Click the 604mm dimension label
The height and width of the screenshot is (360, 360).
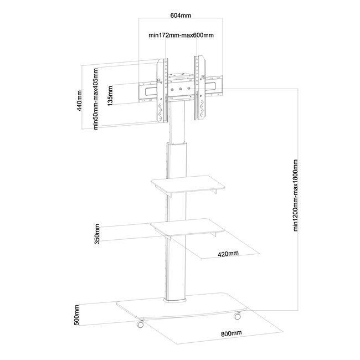181,16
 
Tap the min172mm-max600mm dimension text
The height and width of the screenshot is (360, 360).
181,35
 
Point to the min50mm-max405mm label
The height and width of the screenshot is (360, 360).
96,99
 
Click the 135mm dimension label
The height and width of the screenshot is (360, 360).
112,96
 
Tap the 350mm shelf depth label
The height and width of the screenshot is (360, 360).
97,234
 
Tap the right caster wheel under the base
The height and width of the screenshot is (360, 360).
237,317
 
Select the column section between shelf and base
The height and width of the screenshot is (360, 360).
176,266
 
